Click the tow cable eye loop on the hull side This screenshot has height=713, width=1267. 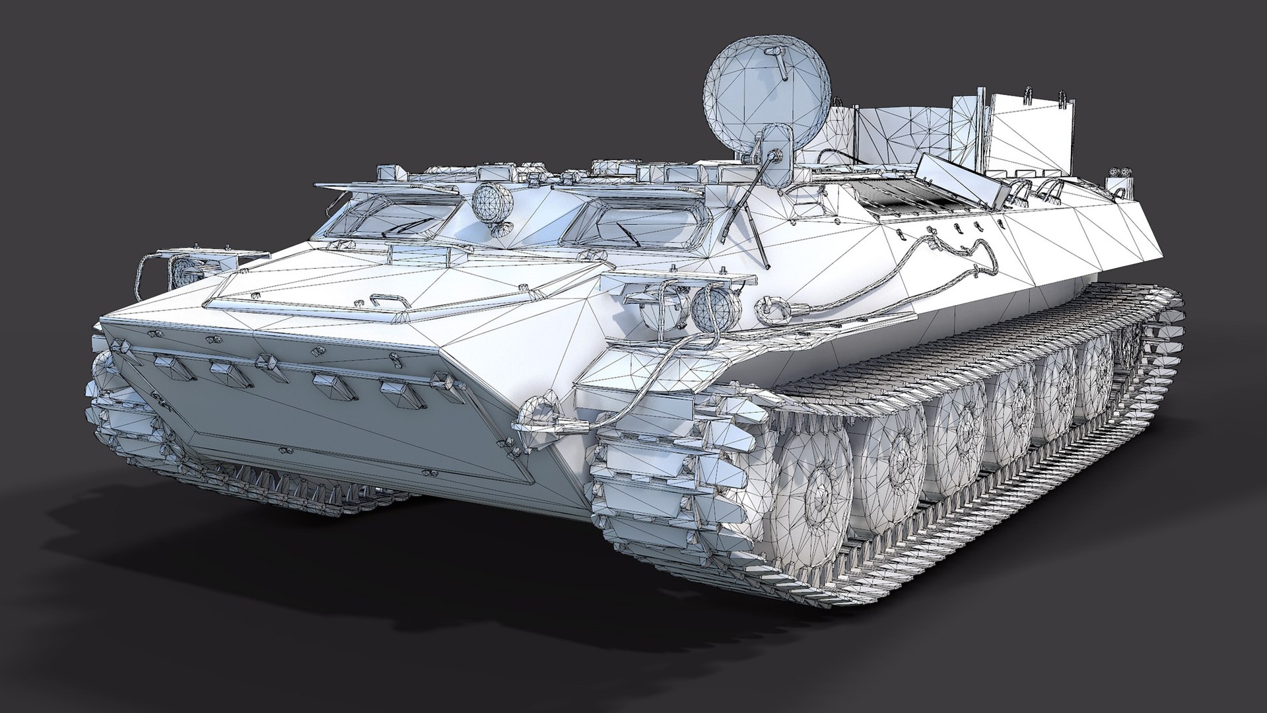(x=767, y=306)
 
